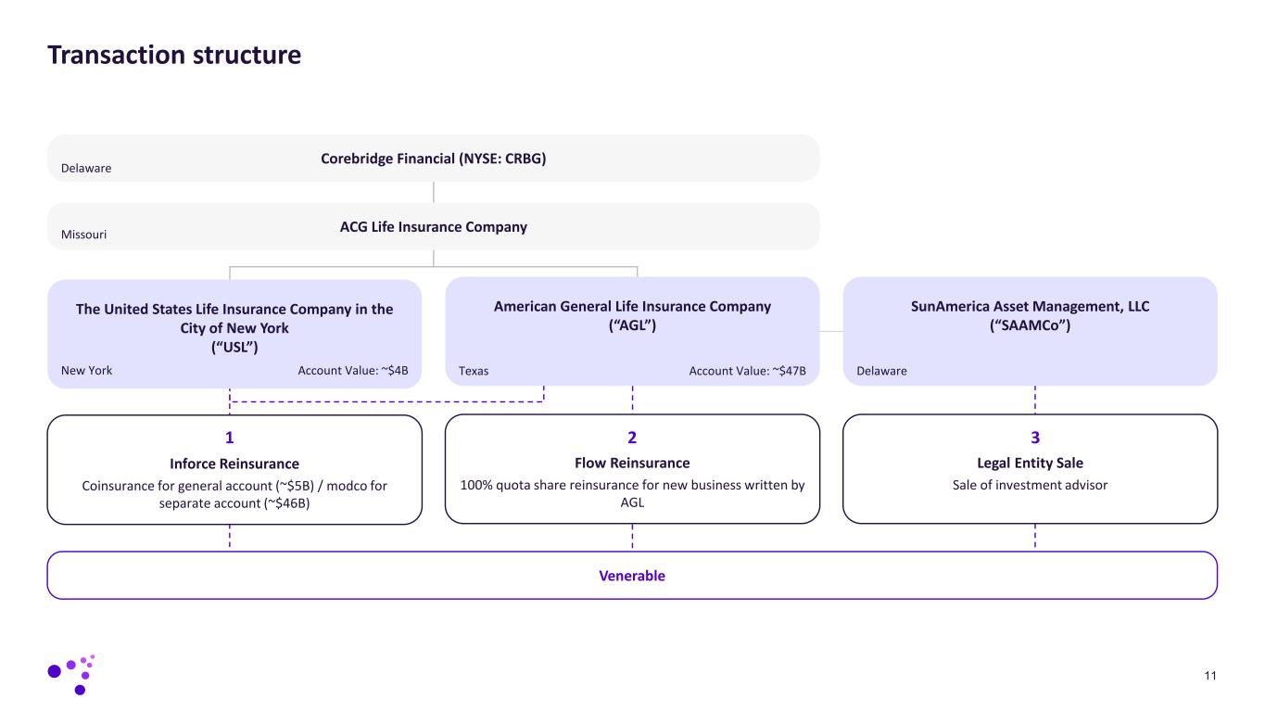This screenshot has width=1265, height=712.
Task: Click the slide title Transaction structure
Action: pyautogui.click(x=174, y=56)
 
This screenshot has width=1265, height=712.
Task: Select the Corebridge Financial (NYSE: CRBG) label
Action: pyautogui.click(x=433, y=159)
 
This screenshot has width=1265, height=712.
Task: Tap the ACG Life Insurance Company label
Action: pyautogui.click(x=433, y=227)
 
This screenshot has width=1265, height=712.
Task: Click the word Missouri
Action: pyautogui.click(x=83, y=235)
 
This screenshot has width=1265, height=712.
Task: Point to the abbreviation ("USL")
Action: pyautogui.click(x=234, y=347)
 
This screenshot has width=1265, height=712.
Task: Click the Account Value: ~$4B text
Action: pyautogui.click(x=353, y=371)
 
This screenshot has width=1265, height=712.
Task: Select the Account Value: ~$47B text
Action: pyautogui.click(x=747, y=371)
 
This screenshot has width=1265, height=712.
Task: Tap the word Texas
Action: pyautogui.click(x=474, y=371)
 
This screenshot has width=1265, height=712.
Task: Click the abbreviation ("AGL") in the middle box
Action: pyautogui.click(x=632, y=325)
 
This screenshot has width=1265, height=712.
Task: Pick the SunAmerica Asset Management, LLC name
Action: pyautogui.click(x=1030, y=307)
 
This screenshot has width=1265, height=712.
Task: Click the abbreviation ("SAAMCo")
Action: pyautogui.click(x=1030, y=325)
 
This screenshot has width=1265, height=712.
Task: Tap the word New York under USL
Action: pyautogui.click(x=86, y=371)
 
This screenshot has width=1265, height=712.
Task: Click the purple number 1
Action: pyautogui.click(x=230, y=438)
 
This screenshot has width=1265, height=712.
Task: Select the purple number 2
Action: pyautogui.click(x=632, y=438)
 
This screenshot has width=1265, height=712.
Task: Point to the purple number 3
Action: pyautogui.click(x=1035, y=438)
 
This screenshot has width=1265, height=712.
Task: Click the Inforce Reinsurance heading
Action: pyautogui.click(x=234, y=464)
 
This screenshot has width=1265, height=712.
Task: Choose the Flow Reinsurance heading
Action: pyautogui.click(x=632, y=463)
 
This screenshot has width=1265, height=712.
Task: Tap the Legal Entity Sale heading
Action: pyautogui.click(x=1030, y=463)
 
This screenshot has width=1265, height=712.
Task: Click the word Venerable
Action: pyautogui.click(x=632, y=576)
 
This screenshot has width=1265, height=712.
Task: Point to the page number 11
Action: pyautogui.click(x=1210, y=675)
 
